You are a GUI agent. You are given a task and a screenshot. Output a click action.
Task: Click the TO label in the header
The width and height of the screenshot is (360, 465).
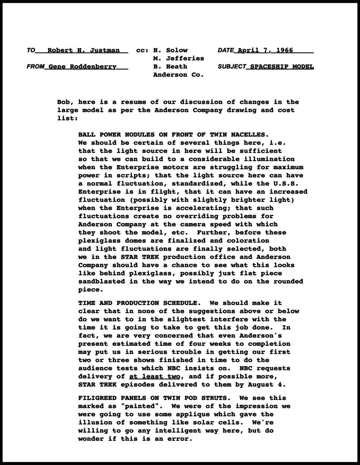pos(31,50)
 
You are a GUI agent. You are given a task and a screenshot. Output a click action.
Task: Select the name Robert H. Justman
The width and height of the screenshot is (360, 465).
pos(84,50)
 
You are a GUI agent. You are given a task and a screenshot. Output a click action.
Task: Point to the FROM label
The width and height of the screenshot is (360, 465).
pos(35,67)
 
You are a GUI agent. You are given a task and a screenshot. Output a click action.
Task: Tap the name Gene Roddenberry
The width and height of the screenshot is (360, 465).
pos(82,67)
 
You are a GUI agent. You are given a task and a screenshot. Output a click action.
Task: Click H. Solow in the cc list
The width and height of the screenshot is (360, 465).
pos(170,50)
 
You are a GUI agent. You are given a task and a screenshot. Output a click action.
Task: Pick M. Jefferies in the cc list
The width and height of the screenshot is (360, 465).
pos(179,58)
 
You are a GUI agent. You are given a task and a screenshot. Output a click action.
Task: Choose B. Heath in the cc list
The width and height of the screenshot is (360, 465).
pos(170,67)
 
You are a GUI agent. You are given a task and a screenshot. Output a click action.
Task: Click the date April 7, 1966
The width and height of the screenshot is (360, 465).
pos(265,50)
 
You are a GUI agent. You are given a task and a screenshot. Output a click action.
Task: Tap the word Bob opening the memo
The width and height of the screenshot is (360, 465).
pos(64,102)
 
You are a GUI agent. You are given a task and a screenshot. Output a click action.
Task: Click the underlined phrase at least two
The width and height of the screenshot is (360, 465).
pos(154,376)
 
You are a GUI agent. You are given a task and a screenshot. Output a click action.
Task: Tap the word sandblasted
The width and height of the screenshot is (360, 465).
pos(102,281)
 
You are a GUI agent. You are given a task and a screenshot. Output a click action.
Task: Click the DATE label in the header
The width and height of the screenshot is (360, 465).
pos(226,50)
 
